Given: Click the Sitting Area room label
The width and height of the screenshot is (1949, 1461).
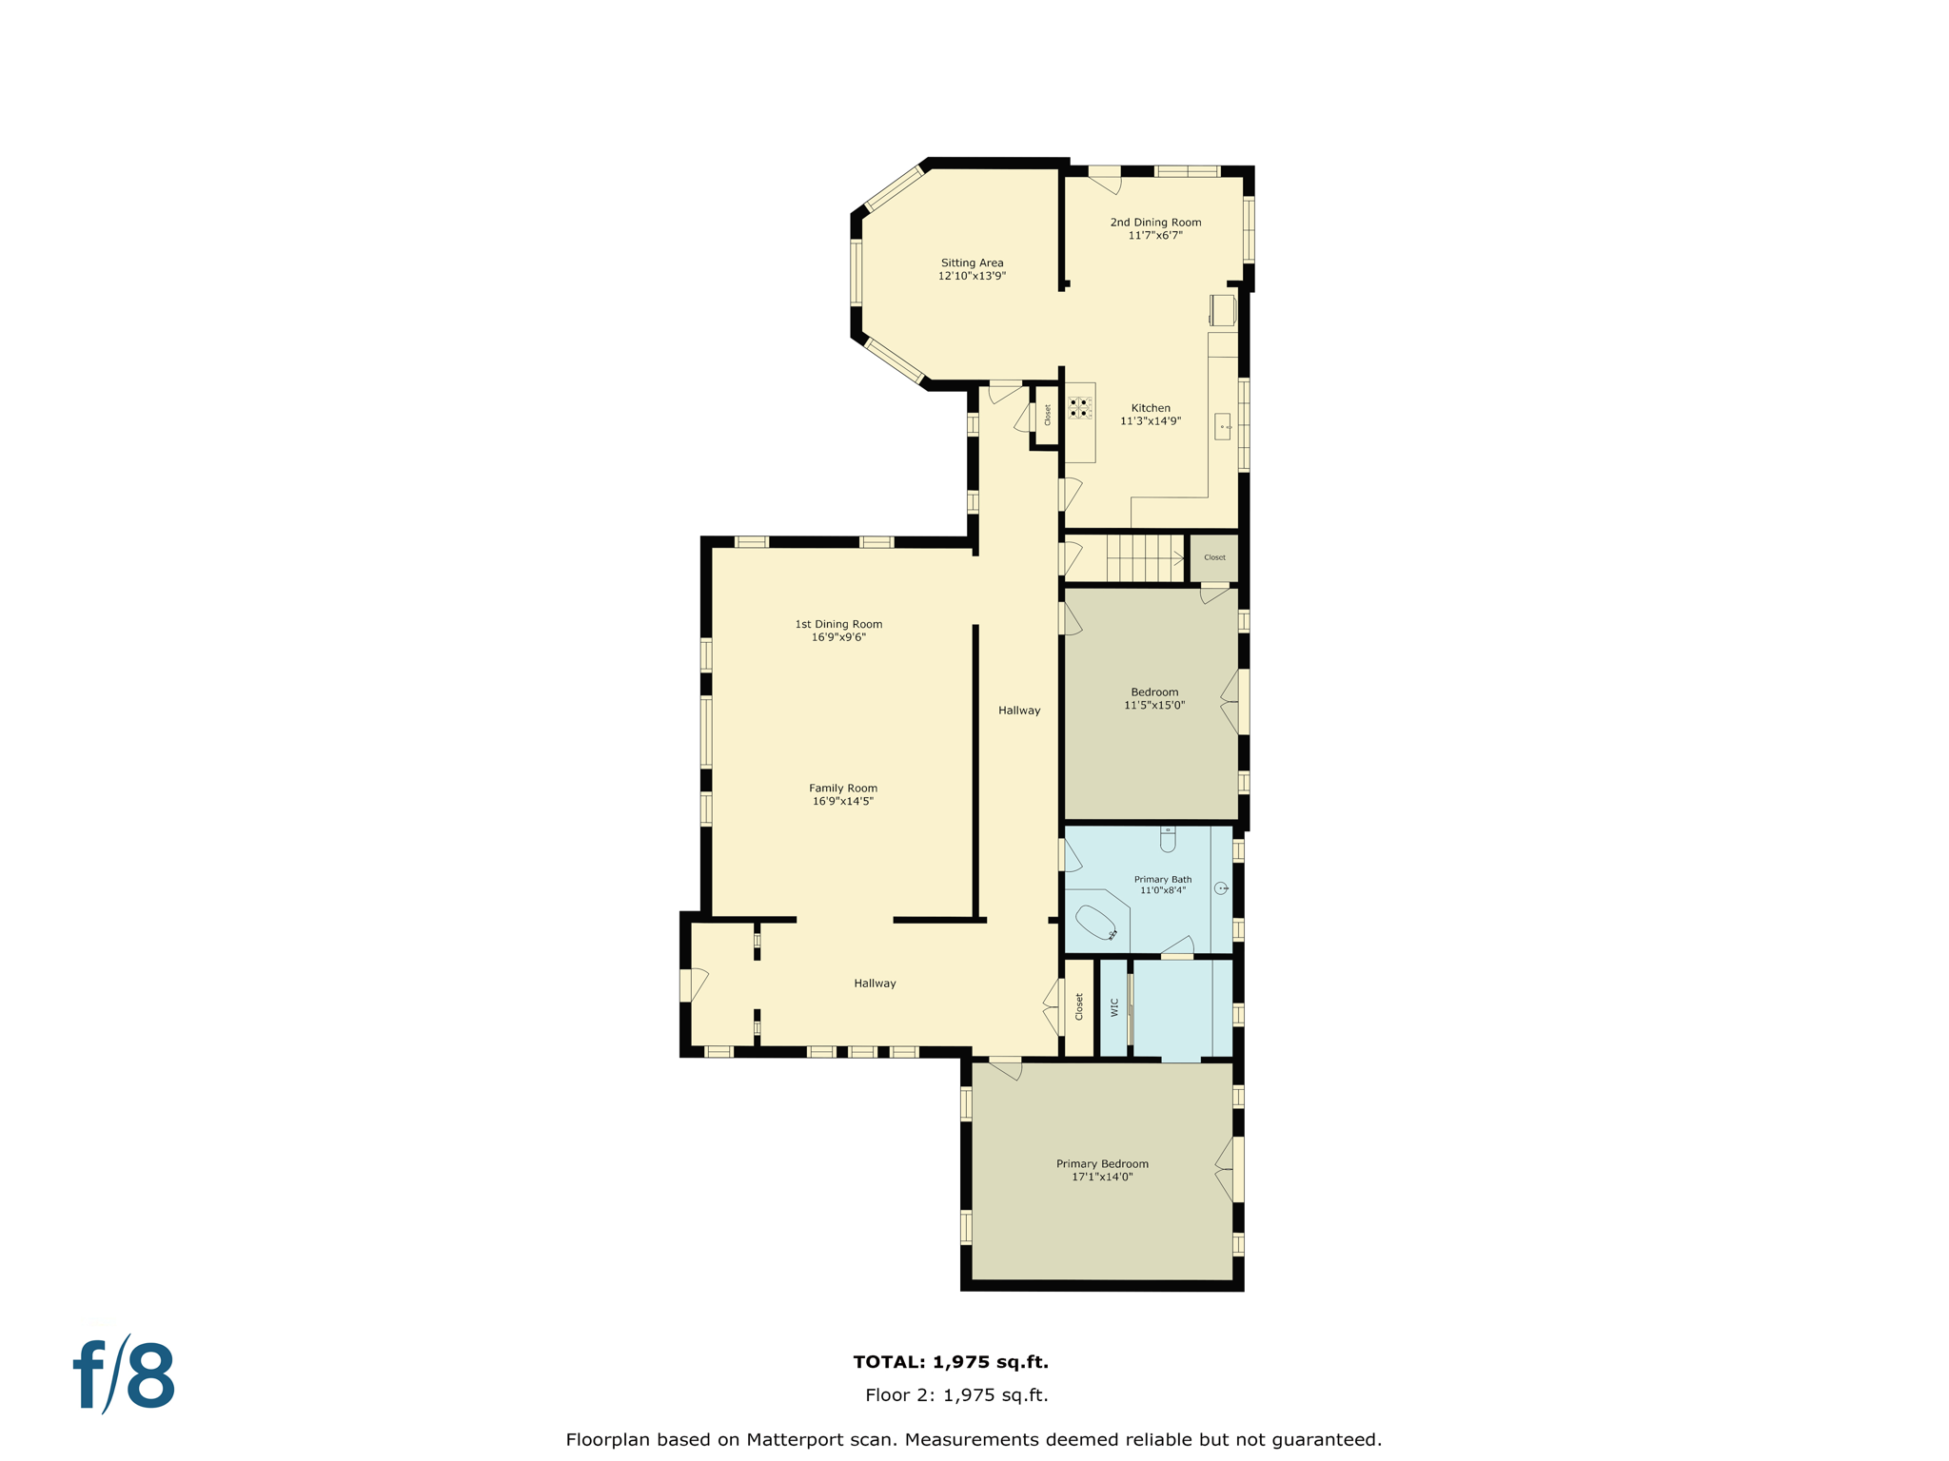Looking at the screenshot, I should [972, 263].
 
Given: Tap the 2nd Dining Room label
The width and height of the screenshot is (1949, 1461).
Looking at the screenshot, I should [1155, 223].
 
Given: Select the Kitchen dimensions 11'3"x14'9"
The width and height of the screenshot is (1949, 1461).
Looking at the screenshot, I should [1150, 421].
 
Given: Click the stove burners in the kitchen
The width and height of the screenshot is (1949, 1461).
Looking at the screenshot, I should [1079, 408].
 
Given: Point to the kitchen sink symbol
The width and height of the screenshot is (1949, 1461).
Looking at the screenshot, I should [1223, 426].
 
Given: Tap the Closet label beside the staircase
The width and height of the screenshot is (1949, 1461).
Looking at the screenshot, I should [1214, 557].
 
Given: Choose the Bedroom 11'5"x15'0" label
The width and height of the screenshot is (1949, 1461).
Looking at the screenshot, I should [1154, 698].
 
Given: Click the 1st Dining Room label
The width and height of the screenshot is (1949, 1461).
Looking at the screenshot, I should [838, 625].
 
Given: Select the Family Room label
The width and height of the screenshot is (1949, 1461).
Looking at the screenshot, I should [843, 789].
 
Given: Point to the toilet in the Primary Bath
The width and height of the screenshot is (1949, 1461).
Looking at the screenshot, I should [1168, 839].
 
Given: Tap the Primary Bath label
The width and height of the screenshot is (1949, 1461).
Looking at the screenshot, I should [1162, 880].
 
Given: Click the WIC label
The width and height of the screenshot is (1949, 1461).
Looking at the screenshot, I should [1114, 1007].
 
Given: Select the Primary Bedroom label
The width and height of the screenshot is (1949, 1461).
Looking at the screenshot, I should [1102, 1164].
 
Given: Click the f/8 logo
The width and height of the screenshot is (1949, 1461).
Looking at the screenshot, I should [125, 1375].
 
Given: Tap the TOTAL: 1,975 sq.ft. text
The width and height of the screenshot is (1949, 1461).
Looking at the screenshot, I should [951, 1362].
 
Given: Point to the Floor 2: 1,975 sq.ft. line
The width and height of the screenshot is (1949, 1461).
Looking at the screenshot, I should [956, 1395].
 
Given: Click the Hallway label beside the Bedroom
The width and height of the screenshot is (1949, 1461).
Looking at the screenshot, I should [1019, 711].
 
